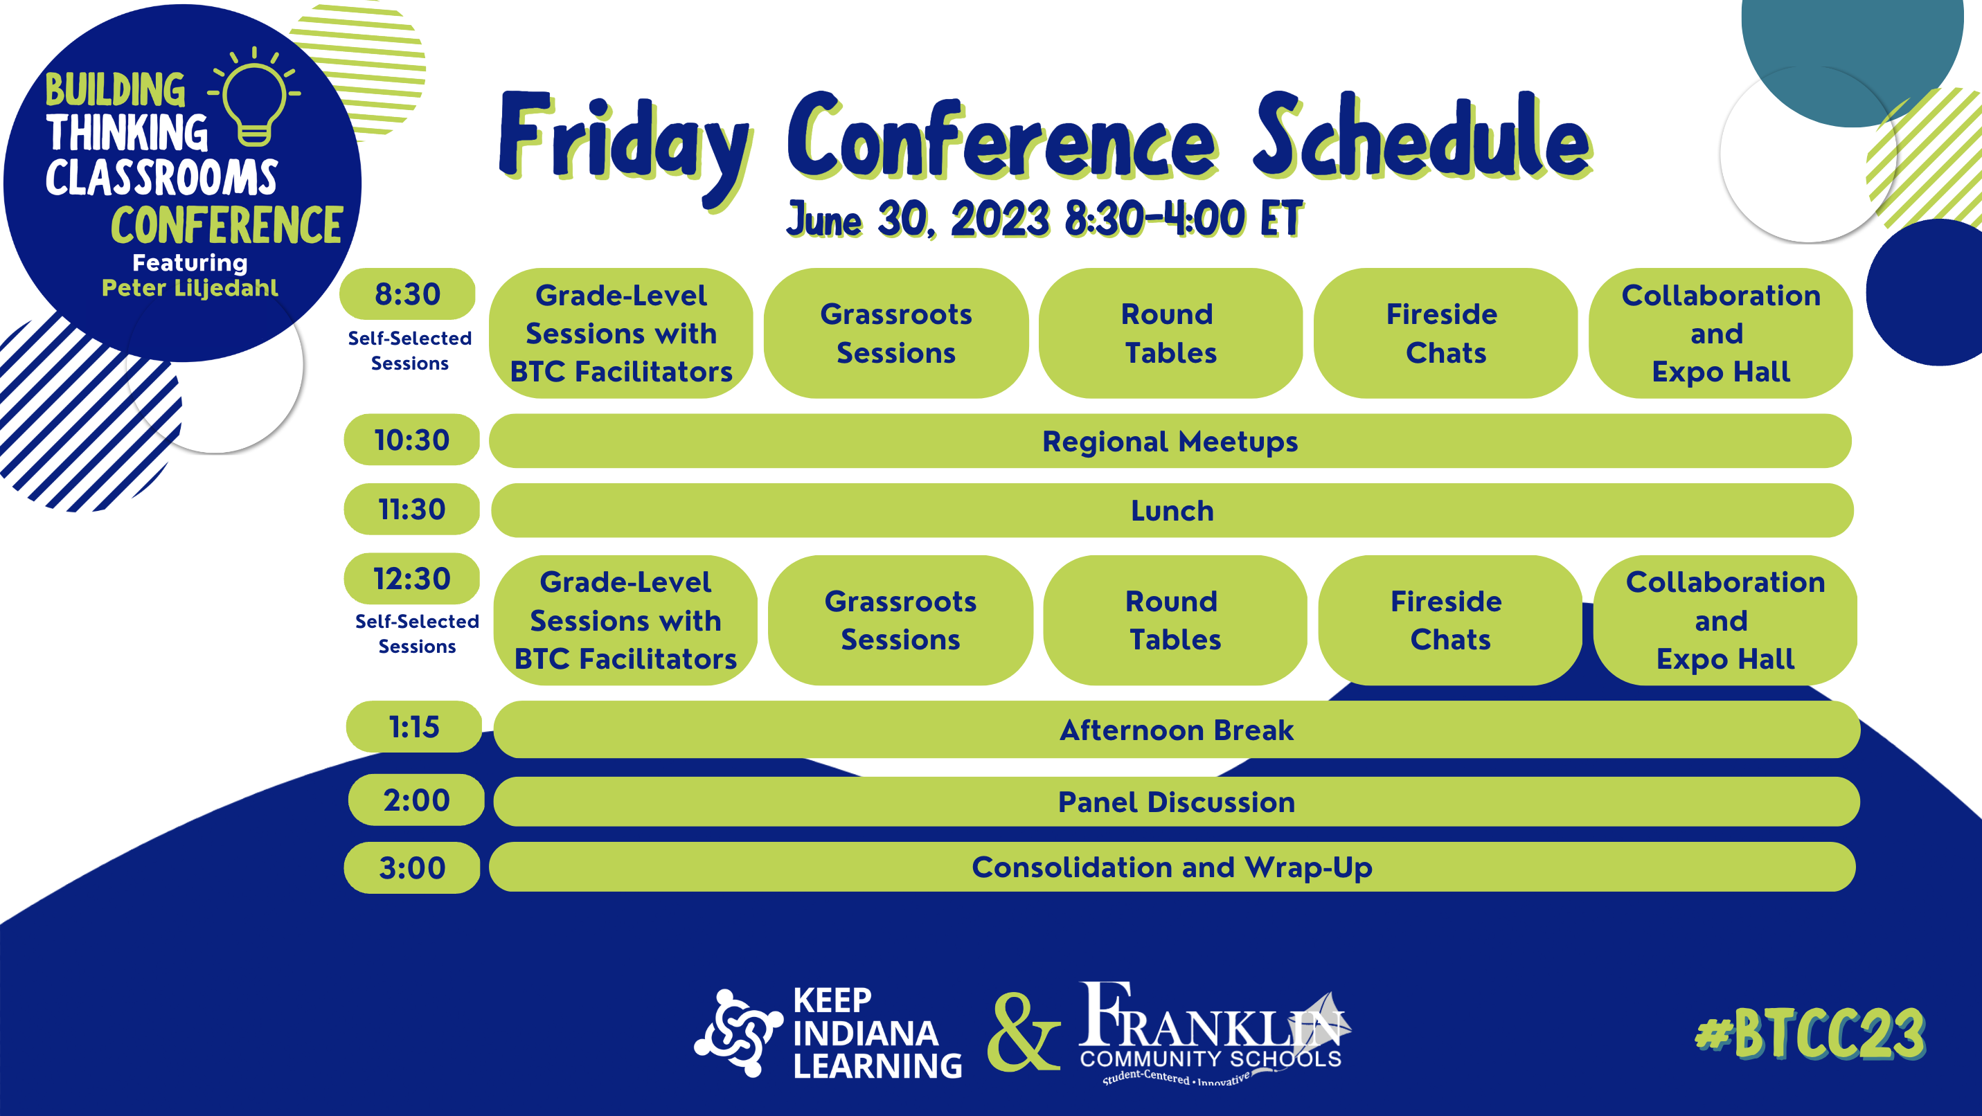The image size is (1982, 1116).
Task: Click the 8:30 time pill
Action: (x=407, y=294)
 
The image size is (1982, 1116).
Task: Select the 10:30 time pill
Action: (x=411, y=440)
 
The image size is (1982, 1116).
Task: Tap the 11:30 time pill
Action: (x=411, y=509)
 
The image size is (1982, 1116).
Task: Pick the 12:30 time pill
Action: (x=411, y=578)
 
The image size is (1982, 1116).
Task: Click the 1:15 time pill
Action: (x=414, y=727)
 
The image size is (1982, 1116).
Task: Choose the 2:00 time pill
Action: (x=416, y=800)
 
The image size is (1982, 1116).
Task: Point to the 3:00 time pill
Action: (x=411, y=867)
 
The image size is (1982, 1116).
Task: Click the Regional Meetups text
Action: (x=1170, y=442)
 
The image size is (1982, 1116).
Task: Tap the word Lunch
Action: (x=1172, y=511)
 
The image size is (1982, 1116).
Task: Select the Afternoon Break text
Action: (x=1177, y=730)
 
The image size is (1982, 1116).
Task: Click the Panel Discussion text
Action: (x=1177, y=802)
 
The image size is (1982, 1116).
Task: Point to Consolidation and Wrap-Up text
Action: (x=1172, y=867)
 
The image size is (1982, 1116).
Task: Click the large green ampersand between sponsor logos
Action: (x=1024, y=1032)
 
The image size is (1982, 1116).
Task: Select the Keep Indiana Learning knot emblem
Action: (x=737, y=1032)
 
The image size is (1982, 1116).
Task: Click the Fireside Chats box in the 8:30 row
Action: (x=1445, y=333)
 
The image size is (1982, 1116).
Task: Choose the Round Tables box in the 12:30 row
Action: (x=1175, y=620)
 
